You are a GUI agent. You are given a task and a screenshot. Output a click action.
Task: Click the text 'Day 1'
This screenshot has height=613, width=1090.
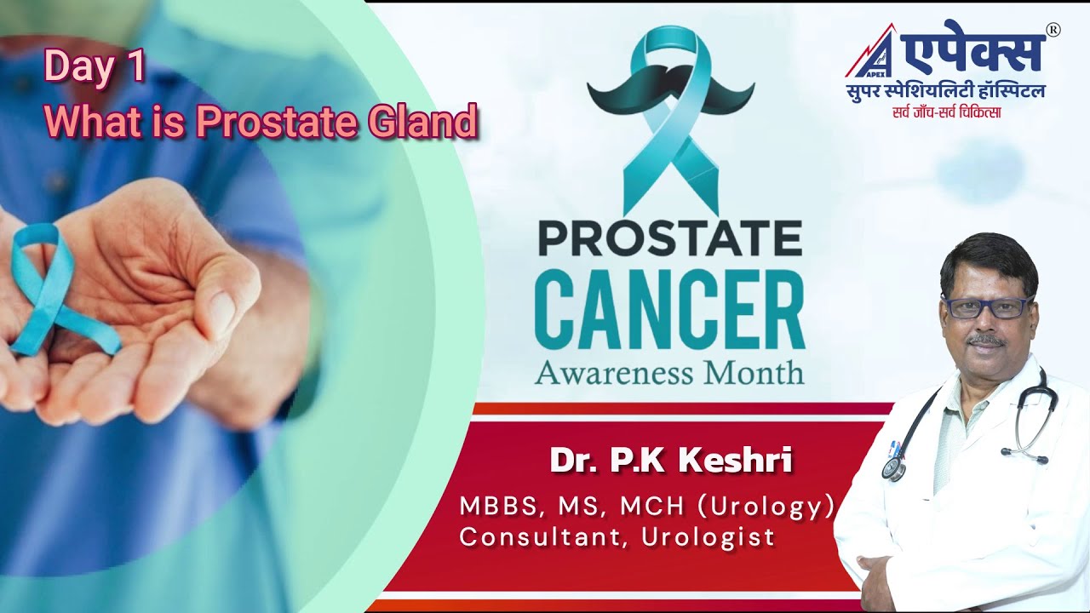point(95,67)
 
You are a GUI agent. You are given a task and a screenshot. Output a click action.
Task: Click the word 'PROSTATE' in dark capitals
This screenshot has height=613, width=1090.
point(669,239)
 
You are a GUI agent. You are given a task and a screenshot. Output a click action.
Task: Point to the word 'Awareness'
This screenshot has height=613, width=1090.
point(613,372)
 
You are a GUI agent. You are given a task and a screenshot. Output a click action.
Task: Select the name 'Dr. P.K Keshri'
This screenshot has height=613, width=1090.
point(671,461)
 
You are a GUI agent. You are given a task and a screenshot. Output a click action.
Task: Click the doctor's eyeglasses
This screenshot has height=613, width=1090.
point(987,306)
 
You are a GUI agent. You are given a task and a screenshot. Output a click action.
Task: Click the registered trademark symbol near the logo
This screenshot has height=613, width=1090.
point(1053,30)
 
